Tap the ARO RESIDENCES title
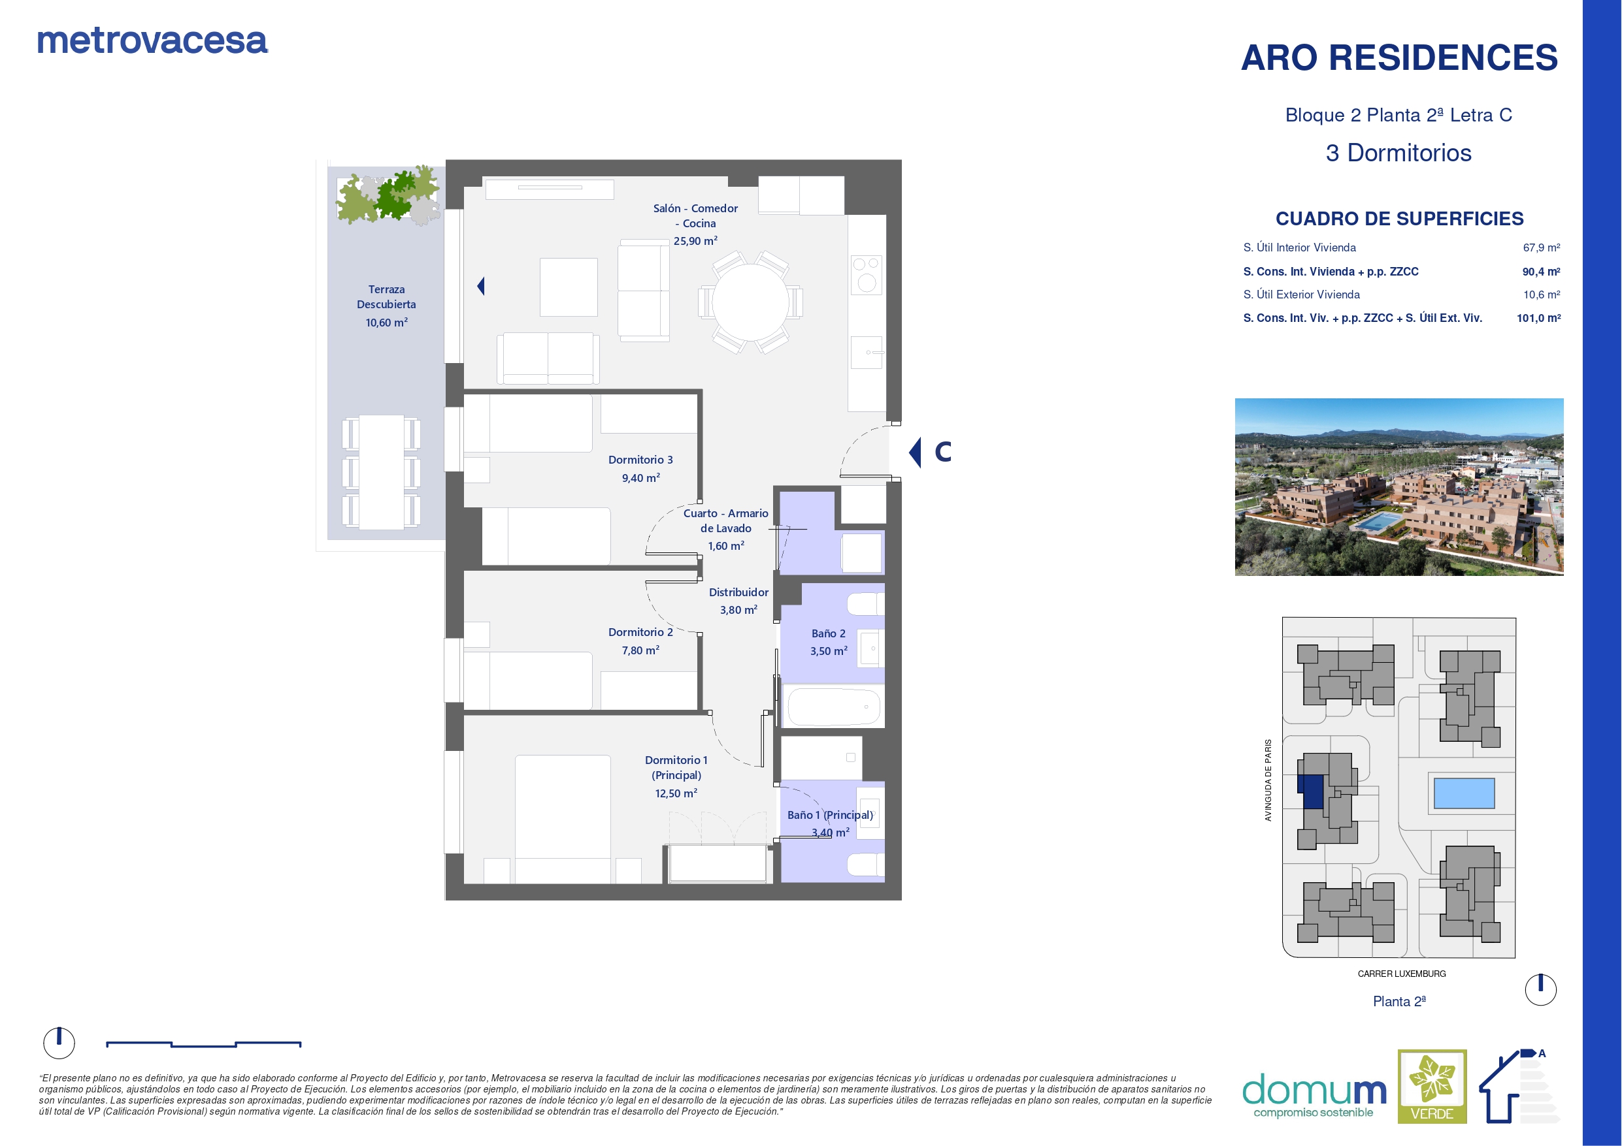coord(1399,57)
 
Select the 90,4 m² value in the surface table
coord(1541,271)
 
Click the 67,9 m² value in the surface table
coord(1541,247)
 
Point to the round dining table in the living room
coord(750,302)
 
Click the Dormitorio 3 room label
coord(640,460)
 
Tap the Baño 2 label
coord(828,633)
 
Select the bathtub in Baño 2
coord(834,706)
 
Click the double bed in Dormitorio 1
coord(563,819)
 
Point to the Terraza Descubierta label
coord(386,296)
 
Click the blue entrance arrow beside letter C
coord(915,452)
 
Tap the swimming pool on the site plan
coord(1464,793)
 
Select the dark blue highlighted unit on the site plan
coord(1312,792)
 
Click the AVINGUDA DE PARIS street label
coord(1268,780)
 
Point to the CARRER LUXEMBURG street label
coord(1402,974)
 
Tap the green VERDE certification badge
coord(1432,1086)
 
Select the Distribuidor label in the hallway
coord(738,592)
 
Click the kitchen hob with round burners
coord(866,275)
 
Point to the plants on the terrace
coord(388,194)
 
